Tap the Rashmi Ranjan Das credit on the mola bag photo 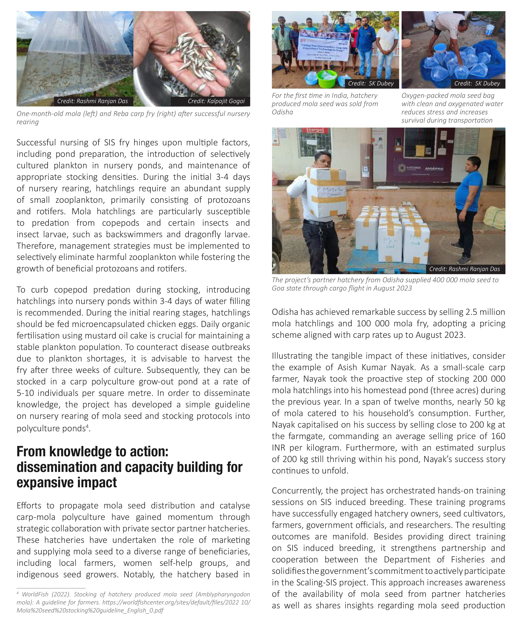pos(92,101)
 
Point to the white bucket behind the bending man pos(490,30)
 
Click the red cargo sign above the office pos(315,130)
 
